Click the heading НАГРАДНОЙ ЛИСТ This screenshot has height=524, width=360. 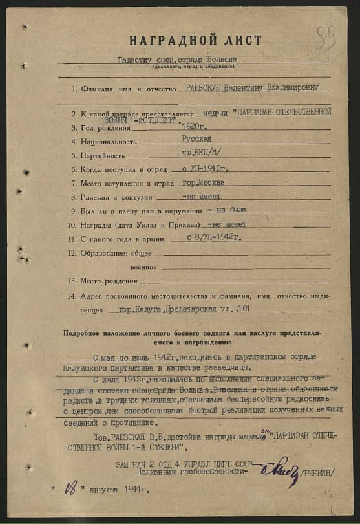(195, 41)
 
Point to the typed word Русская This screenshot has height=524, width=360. (196, 139)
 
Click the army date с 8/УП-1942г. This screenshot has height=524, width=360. (213, 237)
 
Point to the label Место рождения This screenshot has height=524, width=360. (109, 281)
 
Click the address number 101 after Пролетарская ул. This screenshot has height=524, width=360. (244, 309)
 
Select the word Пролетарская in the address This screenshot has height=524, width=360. (192, 309)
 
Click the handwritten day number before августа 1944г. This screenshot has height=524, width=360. (70, 490)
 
